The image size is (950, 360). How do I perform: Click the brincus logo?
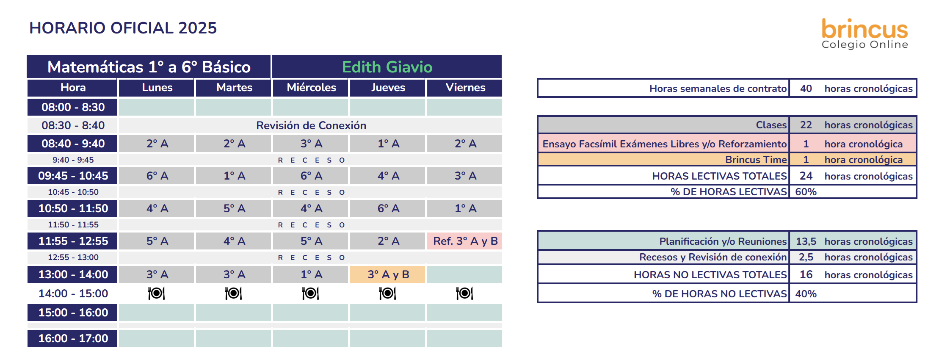click(x=864, y=33)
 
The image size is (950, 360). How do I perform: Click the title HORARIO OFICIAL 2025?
click(x=123, y=28)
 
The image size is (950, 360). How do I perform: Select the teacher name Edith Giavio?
click(x=387, y=67)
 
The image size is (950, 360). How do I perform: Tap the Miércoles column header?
click(x=311, y=87)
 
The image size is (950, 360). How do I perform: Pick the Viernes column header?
click(x=465, y=87)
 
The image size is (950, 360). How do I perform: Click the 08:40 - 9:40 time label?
click(x=73, y=144)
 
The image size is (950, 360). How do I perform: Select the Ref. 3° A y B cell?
click(x=465, y=241)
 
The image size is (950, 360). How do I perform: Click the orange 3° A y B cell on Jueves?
click(x=388, y=274)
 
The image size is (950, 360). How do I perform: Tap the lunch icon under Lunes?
click(x=156, y=293)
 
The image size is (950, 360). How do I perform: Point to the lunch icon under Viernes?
click(x=464, y=293)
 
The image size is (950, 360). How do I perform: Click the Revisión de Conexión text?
click(x=311, y=125)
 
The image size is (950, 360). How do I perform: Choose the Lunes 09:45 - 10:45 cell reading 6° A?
click(x=157, y=176)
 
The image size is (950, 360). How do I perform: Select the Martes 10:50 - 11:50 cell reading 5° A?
click(x=234, y=208)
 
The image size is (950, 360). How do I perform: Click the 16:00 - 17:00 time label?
click(x=73, y=338)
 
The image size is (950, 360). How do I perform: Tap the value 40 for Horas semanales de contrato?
click(x=806, y=89)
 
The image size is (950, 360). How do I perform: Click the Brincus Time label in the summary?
click(x=756, y=160)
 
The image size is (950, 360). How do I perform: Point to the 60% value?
click(x=806, y=192)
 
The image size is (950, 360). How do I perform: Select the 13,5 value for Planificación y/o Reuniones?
click(x=806, y=241)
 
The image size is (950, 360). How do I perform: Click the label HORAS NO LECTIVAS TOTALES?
click(x=710, y=275)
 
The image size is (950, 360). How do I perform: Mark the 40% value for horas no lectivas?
click(x=806, y=294)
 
